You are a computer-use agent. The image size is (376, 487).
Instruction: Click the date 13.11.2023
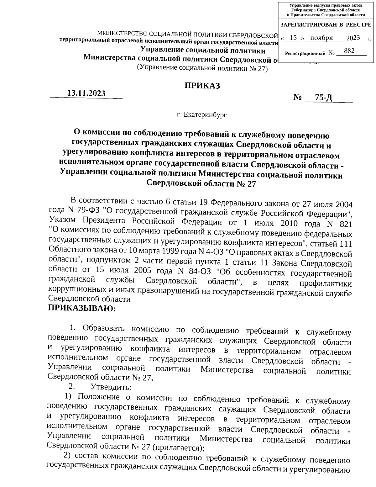tap(87, 93)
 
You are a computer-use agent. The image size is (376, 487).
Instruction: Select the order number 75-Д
tap(324, 98)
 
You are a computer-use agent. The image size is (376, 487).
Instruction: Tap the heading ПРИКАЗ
tap(202, 86)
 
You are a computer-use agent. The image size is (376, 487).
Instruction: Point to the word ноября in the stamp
tap(321, 38)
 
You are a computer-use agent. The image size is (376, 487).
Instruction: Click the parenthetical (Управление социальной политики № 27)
tap(203, 68)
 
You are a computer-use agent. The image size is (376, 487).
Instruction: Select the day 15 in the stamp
tap(293, 38)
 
